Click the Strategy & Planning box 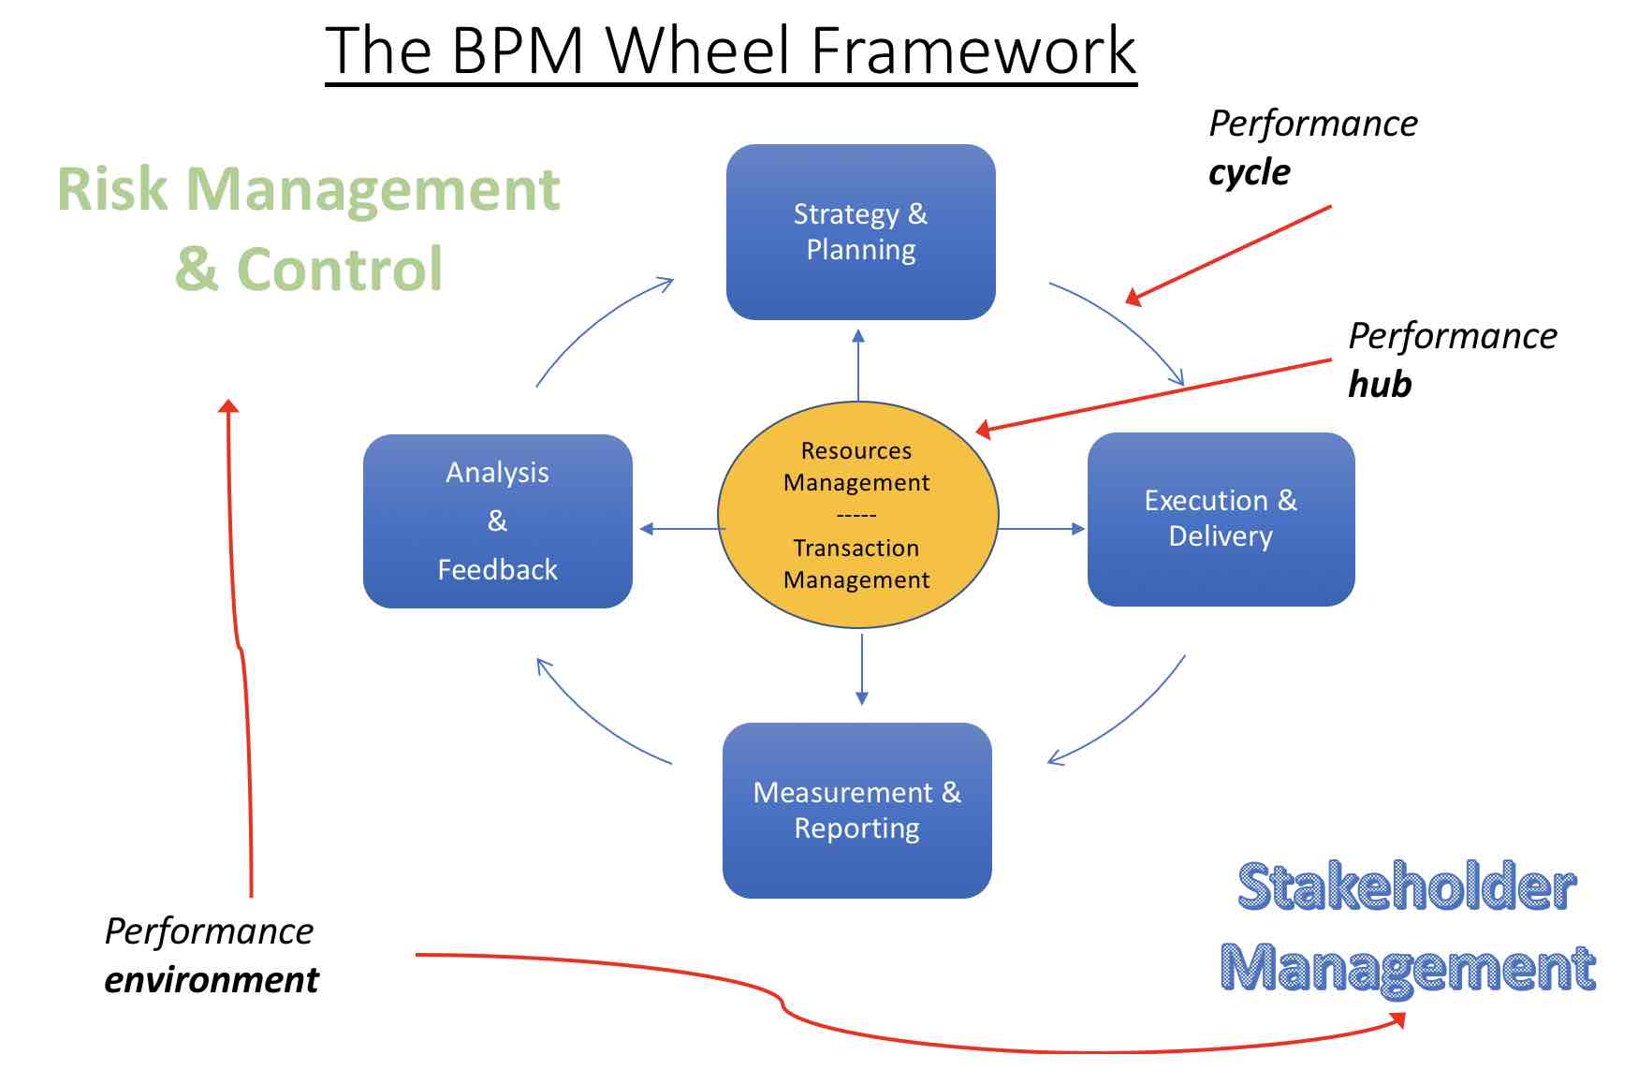coord(860,232)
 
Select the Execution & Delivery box coord(1221,519)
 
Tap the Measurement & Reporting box coord(856,810)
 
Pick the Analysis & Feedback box coord(497,520)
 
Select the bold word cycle coord(1249,172)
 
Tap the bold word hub coord(1380,385)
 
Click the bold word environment coord(212,980)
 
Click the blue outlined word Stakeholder coord(1407,887)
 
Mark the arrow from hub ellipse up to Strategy coord(858,365)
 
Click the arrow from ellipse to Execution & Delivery coord(1041,529)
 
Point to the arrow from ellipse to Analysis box coord(681,529)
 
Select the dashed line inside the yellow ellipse coord(856,515)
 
